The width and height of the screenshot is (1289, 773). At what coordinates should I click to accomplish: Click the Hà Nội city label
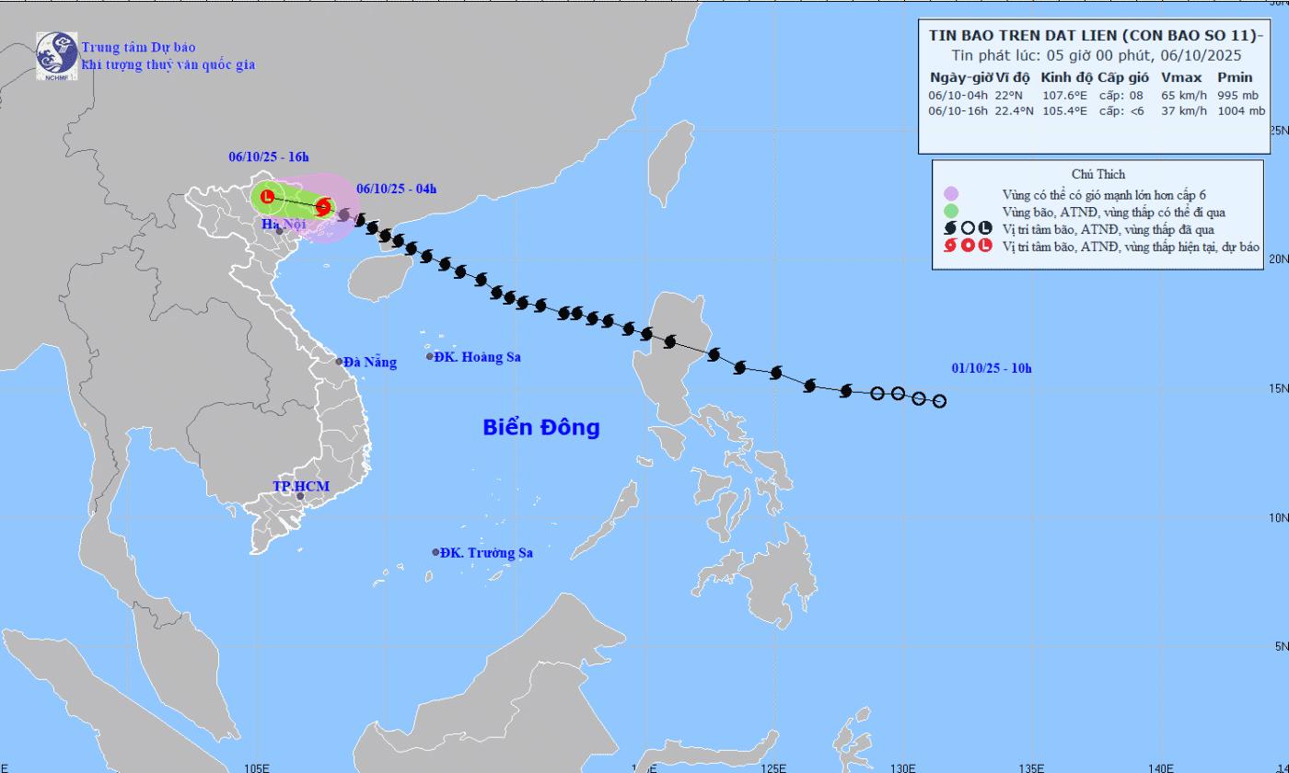(283, 224)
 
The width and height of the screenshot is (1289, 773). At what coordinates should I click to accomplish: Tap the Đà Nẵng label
(370, 362)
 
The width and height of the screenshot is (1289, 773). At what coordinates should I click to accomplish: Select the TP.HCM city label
(301, 486)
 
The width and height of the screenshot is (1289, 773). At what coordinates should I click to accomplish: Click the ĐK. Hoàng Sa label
(478, 357)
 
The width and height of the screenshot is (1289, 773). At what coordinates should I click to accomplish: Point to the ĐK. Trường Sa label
(486, 552)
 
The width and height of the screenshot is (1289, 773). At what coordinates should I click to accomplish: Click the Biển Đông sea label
(541, 427)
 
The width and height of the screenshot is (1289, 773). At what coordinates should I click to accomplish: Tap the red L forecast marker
(267, 196)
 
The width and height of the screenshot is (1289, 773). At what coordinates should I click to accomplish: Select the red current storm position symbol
(323, 207)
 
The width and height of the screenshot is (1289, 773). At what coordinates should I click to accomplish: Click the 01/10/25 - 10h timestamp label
(992, 369)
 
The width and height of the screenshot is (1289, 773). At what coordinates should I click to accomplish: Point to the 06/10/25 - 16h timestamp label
(269, 157)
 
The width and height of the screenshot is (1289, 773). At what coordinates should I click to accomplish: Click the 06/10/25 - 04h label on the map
(396, 190)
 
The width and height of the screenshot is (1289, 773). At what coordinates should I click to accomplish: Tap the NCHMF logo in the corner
(56, 56)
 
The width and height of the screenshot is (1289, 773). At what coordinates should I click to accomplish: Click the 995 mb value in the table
(1237, 95)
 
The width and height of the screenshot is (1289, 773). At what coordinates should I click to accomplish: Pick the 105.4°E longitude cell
(1064, 110)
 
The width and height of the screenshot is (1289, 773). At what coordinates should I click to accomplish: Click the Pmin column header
(1235, 77)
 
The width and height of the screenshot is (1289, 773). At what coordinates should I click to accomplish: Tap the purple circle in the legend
(951, 194)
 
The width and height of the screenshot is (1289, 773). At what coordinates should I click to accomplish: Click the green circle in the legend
(951, 212)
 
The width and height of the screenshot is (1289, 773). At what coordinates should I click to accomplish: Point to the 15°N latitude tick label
(1278, 388)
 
